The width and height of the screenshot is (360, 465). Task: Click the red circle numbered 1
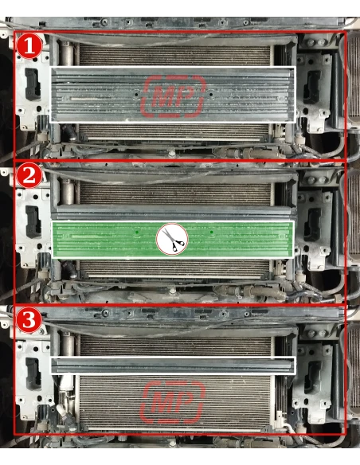(29, 46)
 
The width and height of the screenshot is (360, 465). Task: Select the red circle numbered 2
(29, 176)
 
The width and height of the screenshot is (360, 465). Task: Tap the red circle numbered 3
(29, 320)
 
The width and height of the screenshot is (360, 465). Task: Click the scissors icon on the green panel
(172, 239)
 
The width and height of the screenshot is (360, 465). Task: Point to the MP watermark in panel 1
(174, 96)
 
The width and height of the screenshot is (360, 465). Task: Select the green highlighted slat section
(173, 240)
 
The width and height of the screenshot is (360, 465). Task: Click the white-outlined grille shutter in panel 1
(173, 95)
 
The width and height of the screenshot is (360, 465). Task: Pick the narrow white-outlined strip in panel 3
(173, 365)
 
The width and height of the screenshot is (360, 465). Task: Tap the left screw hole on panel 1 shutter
(136, 95)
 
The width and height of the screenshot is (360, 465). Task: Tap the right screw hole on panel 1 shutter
(211, 95)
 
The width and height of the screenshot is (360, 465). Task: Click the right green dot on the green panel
(211, 232)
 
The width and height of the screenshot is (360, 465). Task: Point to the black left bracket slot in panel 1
(33, 84)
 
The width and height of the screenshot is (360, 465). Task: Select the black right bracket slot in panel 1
(311, 88)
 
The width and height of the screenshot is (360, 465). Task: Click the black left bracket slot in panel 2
(33, 222)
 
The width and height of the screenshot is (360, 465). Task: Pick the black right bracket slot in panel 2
(312, 225)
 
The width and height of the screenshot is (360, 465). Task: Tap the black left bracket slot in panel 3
(33, 373)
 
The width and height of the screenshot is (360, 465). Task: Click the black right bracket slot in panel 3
(312, 377)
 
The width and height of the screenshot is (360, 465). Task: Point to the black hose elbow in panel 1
(69, 132)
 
